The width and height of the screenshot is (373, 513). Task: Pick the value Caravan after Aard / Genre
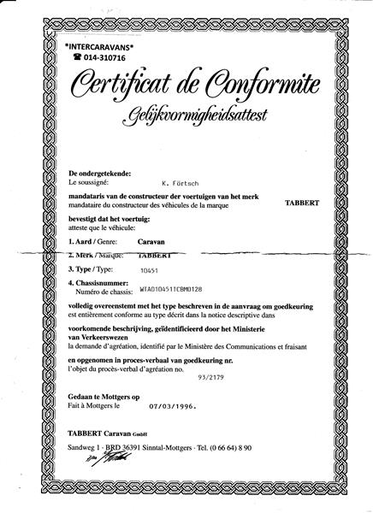click(176, 243)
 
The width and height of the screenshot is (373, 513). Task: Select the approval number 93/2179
click(211, 374)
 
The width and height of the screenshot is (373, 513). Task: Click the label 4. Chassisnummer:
click(102, 281)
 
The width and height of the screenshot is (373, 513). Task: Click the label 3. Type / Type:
click(94, 268)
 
